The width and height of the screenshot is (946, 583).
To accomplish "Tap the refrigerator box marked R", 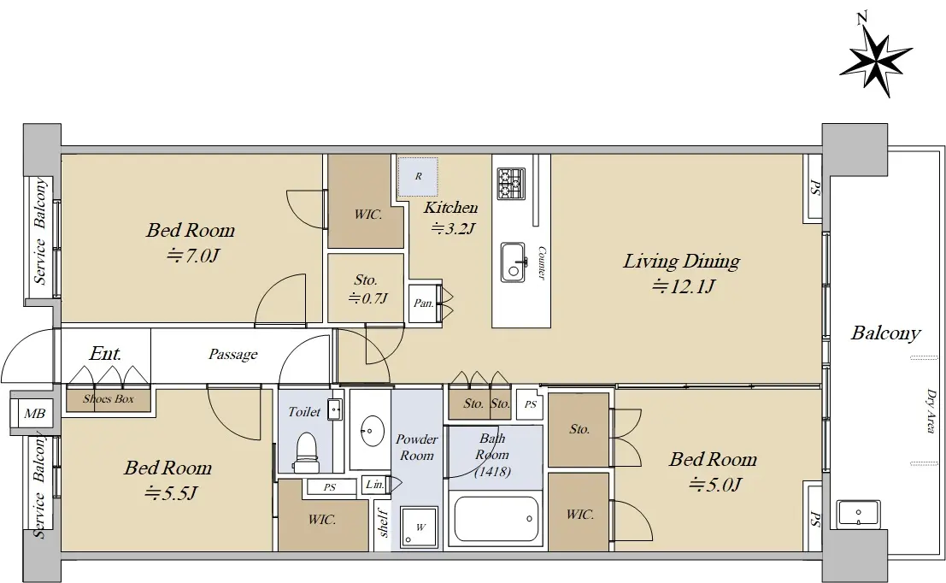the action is pos(418,176).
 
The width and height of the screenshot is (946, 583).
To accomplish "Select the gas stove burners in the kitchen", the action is pos(512,184).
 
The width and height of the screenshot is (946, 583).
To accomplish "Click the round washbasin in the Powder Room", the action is pos(373,430).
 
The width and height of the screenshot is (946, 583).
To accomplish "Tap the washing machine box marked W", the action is pos(420,527).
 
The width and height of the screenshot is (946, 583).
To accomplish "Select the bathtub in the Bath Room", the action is pos(496,519).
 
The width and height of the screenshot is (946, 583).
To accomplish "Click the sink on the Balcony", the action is pos(859,514).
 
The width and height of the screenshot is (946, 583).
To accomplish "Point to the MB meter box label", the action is pos(34,414).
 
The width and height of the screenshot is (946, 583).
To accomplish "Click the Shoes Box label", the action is pos(109,398).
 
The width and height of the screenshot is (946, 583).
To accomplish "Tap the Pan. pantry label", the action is pos(424,303).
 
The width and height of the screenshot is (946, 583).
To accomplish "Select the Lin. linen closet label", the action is pos(374,484).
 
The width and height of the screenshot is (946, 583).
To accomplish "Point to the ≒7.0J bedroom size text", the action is pos(192,256).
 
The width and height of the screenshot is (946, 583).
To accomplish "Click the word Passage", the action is pos(233,354).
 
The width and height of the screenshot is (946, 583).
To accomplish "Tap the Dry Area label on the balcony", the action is pos(931,410).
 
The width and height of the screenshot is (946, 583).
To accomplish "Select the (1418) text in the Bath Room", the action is pos(492,471).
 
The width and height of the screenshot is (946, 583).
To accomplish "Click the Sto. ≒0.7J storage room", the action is pos(366,288).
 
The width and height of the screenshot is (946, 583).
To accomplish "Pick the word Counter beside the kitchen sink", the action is pos(541,262).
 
